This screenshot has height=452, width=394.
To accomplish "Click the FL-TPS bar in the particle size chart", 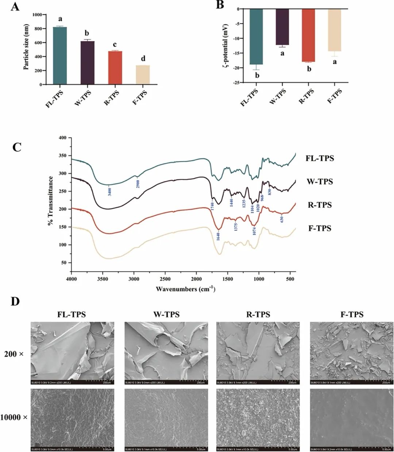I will [x=59, y=55].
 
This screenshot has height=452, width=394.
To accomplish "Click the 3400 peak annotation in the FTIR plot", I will [x=109, y=191].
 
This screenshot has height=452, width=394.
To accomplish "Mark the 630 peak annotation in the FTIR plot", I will [x=282, y=219].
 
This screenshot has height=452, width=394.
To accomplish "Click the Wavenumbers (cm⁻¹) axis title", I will [x=185, y=289].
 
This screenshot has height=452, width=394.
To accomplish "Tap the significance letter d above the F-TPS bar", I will [x=143, y=59].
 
